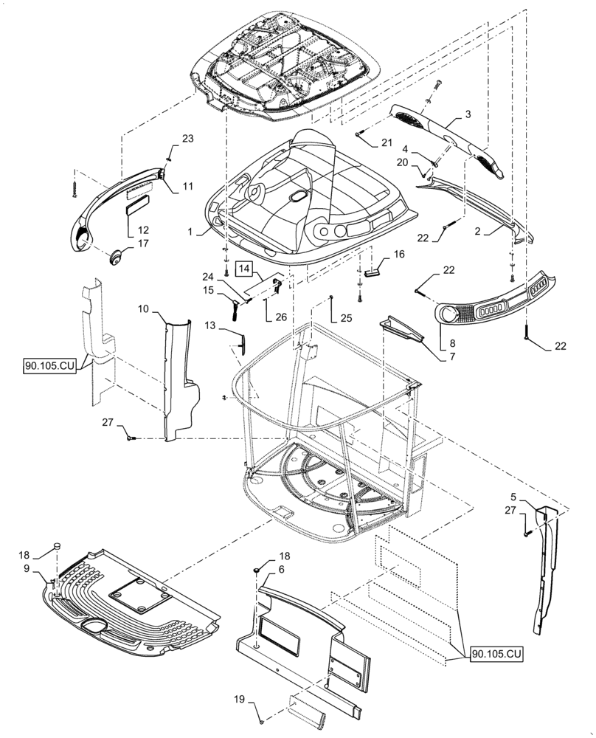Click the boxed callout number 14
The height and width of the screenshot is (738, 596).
pos(245,269)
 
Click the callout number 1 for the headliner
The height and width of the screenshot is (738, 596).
pos(190,232)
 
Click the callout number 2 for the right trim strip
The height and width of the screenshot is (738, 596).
pos(477,230)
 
